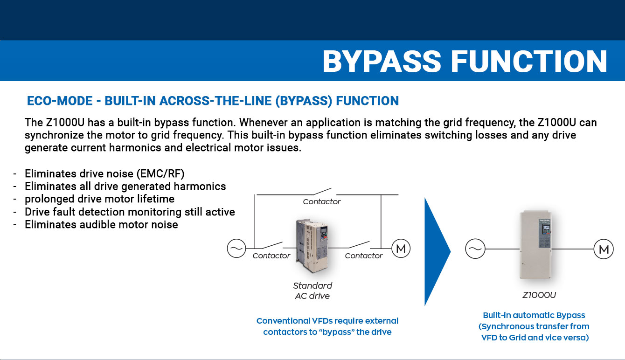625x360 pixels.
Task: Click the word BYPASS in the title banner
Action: [x=382, y=61]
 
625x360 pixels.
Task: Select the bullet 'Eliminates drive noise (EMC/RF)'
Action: [x=104, y=174]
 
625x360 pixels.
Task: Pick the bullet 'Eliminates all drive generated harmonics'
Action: [x=125, y=187]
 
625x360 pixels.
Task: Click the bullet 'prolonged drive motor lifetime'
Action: [x=99, y=199]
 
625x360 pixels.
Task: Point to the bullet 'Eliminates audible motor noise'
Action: [x=101, y=224]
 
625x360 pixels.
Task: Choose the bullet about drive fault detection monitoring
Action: [x=130, y=212]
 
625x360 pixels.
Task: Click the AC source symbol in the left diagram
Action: [x=236, y=248]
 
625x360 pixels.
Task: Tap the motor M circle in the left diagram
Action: [x=400, y=249]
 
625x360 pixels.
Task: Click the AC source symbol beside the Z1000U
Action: [x=475, y=249]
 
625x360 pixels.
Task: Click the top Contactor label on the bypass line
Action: [x=322, y=201]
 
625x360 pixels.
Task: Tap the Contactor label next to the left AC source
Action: [x=271, y=256]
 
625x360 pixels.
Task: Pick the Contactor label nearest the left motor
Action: [x=364, y=256]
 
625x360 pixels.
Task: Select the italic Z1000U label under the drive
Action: [x=539, y=295]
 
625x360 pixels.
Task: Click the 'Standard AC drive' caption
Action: [x=312, y=291]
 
